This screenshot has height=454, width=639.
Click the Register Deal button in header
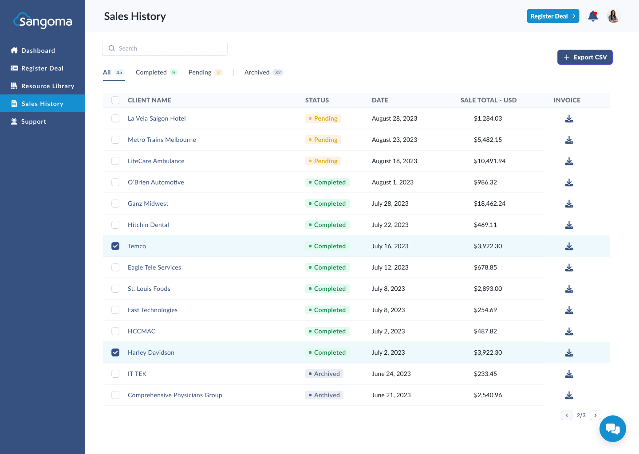(552, 16)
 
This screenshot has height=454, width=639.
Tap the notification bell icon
(593, 16)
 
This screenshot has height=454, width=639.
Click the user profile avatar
(613, 16)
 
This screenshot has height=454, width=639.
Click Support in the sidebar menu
(34, 121)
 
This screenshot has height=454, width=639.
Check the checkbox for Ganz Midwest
(115, 204)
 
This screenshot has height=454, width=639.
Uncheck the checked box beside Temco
(115, 246)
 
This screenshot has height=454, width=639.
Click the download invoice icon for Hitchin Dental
(569, 225)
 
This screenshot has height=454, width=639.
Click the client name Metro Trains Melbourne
(162, 140)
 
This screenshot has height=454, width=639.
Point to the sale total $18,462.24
(489, 204)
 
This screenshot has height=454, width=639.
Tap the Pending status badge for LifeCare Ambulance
(323, 161)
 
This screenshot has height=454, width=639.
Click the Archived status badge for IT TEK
(324, 374)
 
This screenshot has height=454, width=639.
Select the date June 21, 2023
(391, 395)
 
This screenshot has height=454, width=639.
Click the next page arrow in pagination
(595, 415)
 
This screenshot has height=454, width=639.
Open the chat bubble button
(612, 429)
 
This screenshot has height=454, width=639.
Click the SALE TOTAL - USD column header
(488, 100)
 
